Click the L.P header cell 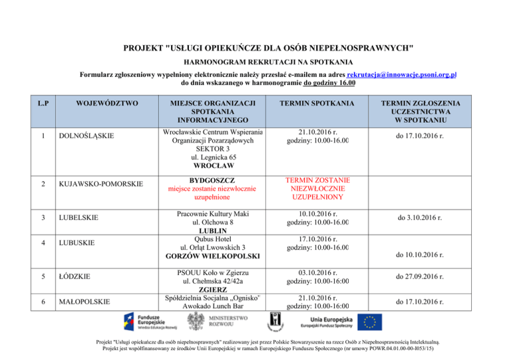[44, 103]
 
